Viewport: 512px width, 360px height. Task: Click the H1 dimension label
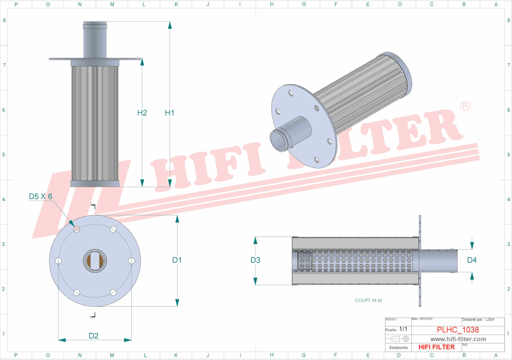169,113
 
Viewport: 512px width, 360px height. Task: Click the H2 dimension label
142,113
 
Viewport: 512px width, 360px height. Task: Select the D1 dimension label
177,260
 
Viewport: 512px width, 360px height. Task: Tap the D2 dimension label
94,336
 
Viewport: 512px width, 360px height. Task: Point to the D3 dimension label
255,260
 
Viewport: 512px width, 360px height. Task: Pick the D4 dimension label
472,260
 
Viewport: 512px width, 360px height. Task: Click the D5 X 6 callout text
41,197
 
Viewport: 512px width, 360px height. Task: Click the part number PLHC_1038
458,330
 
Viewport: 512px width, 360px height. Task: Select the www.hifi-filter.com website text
458,339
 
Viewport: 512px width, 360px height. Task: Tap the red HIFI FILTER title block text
436,347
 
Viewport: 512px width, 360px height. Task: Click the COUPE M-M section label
368,300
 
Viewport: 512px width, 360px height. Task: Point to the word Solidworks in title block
398,348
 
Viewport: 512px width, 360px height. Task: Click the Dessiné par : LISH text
478,320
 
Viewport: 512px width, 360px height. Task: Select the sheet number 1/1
403,329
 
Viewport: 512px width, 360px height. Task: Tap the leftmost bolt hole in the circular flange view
59,261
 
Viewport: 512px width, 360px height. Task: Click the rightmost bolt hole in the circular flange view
132,261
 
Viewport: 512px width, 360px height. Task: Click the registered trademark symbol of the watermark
465,106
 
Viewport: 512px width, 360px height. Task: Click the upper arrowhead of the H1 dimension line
170,25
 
